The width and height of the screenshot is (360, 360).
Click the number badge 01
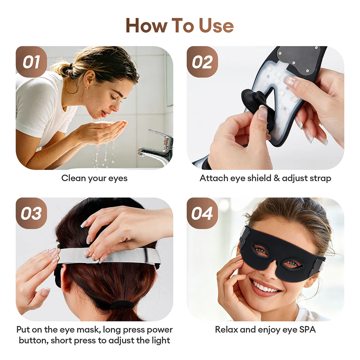(31, 62)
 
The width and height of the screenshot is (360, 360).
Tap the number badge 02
(202, 62)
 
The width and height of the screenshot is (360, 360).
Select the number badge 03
(31, 213)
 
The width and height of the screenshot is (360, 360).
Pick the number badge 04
(202, 213)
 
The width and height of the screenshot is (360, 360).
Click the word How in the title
(146, 26)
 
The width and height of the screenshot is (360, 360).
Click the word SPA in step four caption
(307, 330)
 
